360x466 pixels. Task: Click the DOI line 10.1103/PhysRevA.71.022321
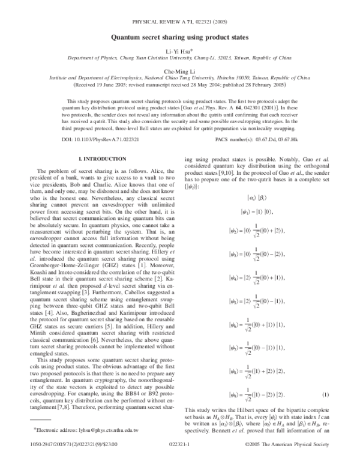pos(84,139)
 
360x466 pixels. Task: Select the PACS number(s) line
pos(253,139)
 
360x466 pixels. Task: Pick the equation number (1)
pos(325,395)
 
